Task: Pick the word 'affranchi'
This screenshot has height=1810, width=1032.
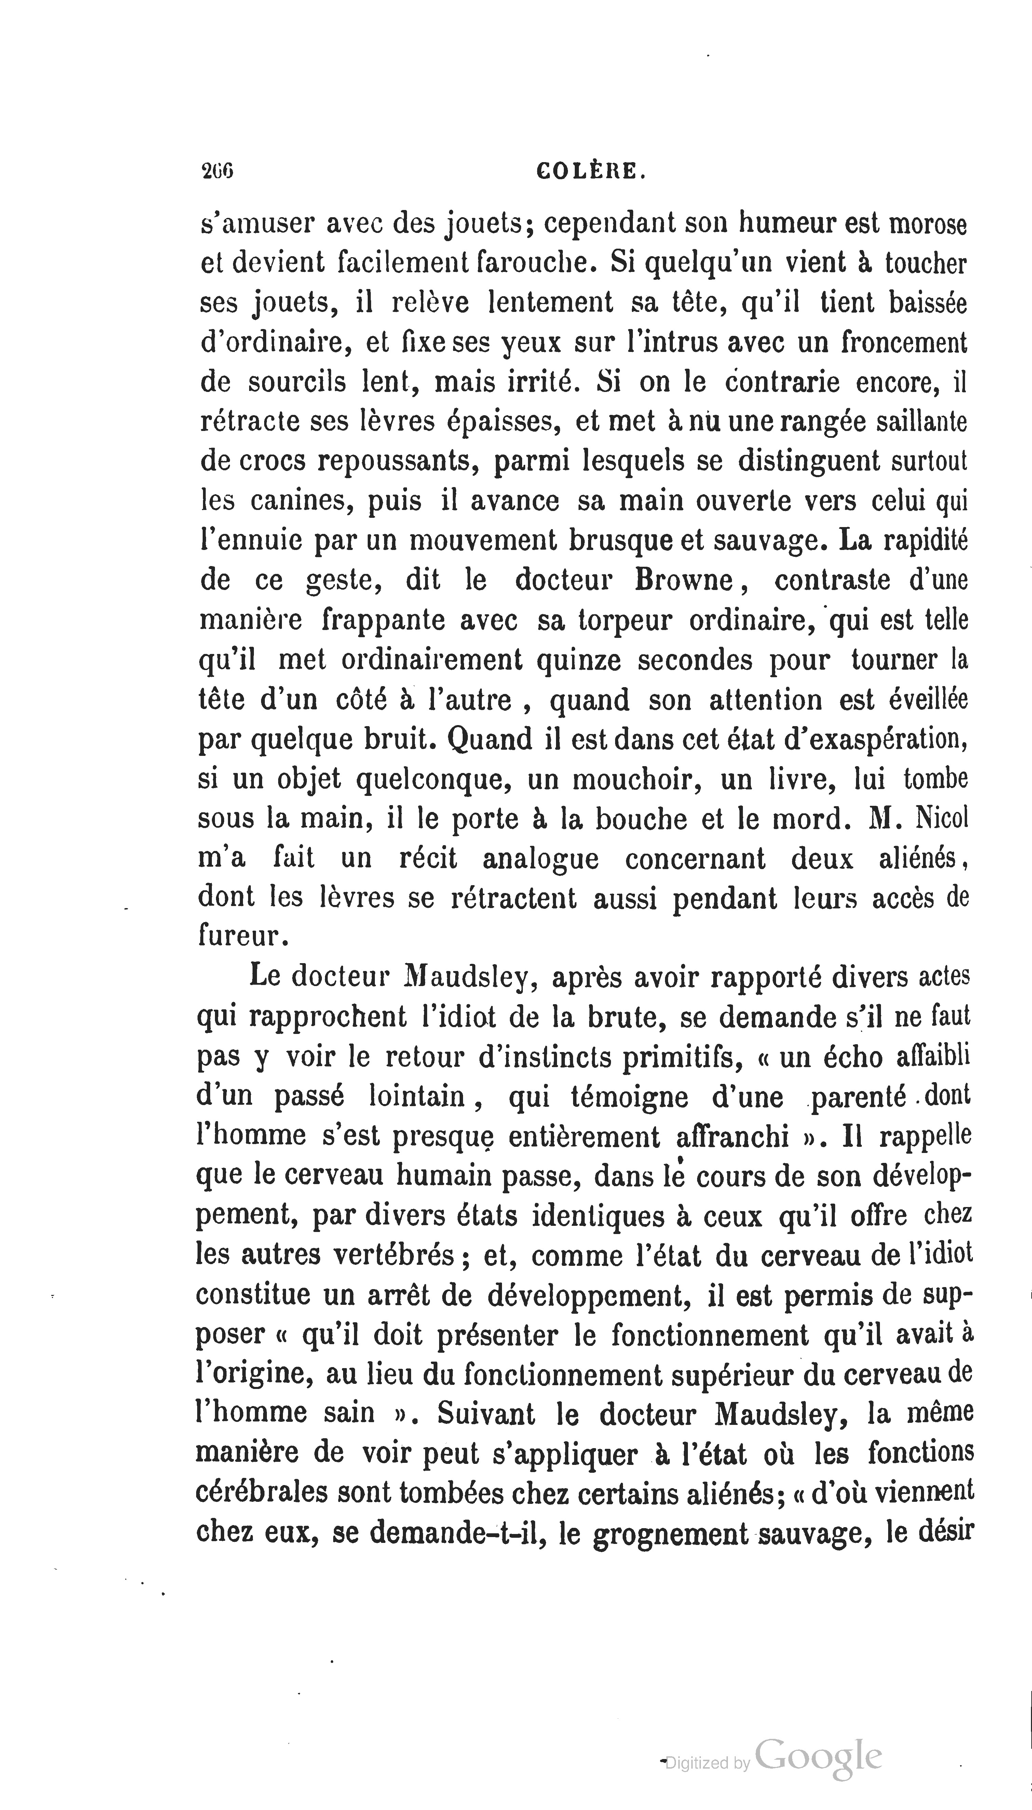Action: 734,1137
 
